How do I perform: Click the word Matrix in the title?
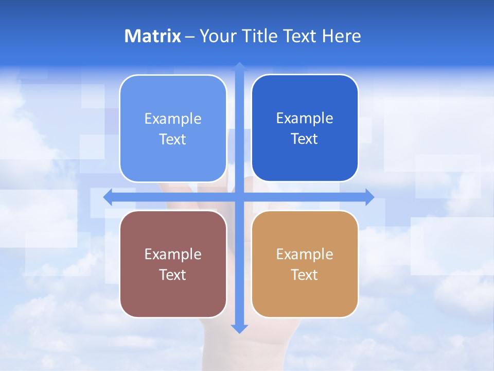click(153, 36)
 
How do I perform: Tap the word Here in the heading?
click(341, 36)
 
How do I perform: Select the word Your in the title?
click(216, 36)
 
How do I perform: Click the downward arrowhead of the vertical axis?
click(239, 328)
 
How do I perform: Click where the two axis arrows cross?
click(239, 197)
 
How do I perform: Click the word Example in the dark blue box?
click(305, 119)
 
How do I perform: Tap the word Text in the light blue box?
click(173, 140)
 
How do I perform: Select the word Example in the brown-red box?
click(173, 254)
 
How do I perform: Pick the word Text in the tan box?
click(305, 275)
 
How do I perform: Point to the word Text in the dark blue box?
click(305, 139)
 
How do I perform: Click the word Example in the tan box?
click(305, 254)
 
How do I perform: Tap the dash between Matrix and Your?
click(190, 37)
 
